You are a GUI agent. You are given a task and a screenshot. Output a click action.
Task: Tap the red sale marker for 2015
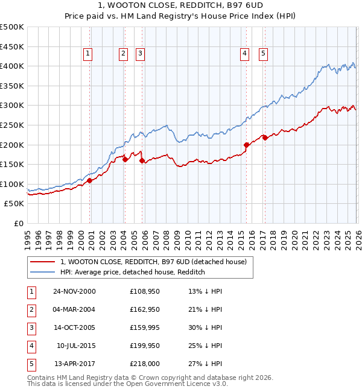click(x=246, y=145)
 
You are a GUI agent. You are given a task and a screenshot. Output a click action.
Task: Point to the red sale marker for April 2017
click(x=265, y=138)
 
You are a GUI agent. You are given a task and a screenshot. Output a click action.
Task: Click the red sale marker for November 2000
click(x=89, y=180)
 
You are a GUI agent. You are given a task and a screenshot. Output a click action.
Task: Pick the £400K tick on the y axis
click(x=12, y=66)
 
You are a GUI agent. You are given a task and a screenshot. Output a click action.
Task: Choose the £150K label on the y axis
click(x=12, y=164)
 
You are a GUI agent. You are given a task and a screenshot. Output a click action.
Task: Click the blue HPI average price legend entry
click(x=133, y=272)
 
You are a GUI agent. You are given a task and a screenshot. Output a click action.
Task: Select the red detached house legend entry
click(x=153, y=262)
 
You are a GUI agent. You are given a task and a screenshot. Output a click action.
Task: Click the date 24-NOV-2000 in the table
click(x=74, y=291)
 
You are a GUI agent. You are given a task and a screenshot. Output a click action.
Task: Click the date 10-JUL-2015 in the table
click(x=76, y=346)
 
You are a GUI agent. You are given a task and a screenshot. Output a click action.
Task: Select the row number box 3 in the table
click(x=30, y=327)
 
